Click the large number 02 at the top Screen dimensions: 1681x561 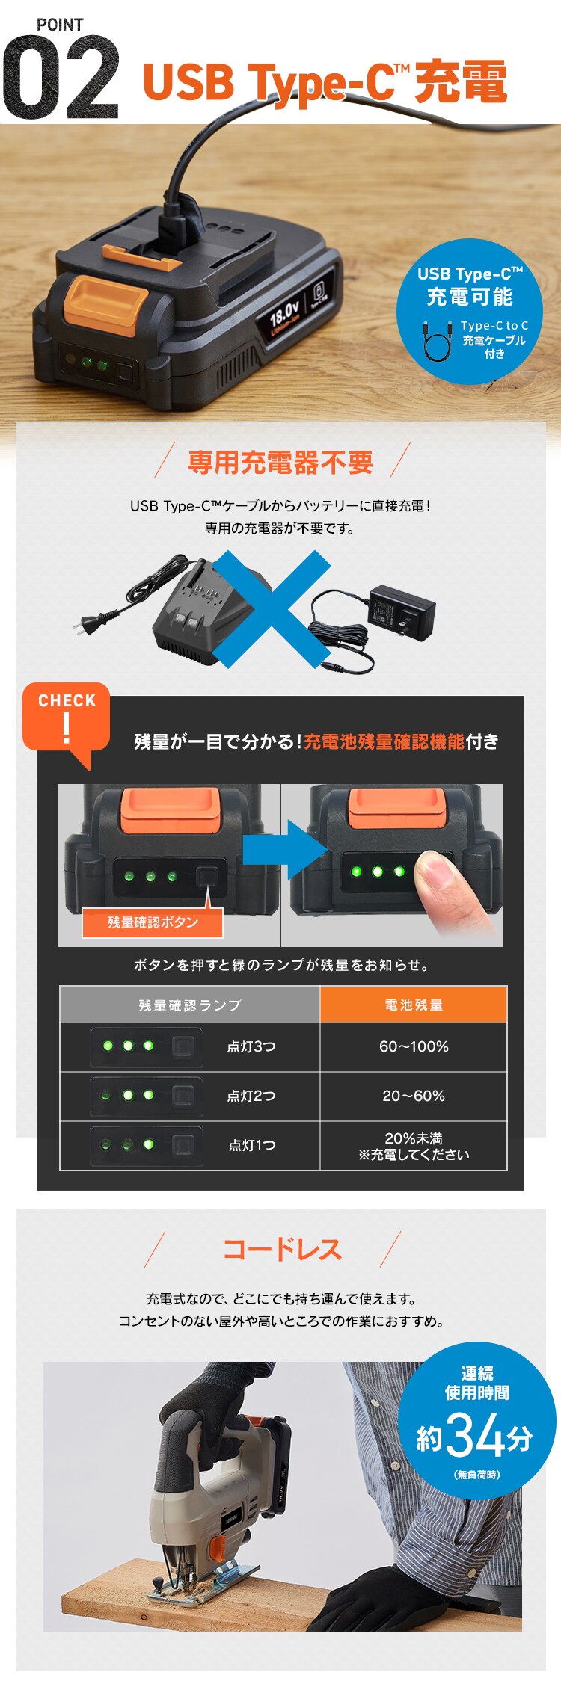click(x=60, y=78)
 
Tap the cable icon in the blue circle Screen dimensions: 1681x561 click(x=438, y=340)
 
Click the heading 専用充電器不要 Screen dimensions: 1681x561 click(x=280, y=463)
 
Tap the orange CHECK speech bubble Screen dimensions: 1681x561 click(x=67, y=717)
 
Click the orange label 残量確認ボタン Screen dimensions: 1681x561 click(x=153, y=922)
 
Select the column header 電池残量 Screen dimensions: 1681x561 click(x=414, y=1005)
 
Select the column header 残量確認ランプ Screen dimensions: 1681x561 click(x=190, y=1005)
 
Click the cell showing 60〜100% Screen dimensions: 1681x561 click(x=414, y=1046)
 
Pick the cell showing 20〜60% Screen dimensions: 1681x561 click(x=414, y=1096)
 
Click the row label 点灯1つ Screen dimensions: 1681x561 click(x=252, y=1145)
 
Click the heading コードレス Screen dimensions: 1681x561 click(x=282, y=1249)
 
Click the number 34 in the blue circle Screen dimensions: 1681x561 click(x=474, y=1436)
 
